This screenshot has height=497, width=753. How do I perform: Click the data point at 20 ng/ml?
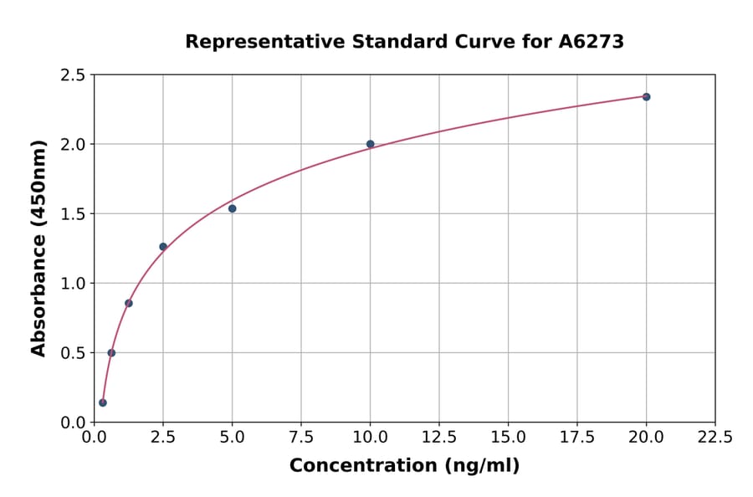646,97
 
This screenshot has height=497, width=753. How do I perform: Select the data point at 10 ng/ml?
371,144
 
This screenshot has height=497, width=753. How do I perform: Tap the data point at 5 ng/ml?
233,208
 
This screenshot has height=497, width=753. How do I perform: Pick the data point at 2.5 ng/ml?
163,247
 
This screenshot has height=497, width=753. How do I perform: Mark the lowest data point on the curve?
103,402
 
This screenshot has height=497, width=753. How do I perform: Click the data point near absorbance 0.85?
129,303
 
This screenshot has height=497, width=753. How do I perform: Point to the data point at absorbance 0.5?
111,353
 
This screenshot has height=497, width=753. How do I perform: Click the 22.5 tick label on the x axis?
715,438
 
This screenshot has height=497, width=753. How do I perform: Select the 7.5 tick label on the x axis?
301,438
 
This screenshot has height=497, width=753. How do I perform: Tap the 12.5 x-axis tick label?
439,438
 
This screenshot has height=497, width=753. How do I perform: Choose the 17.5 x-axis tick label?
577,438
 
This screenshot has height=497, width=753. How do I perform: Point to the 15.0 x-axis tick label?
508,438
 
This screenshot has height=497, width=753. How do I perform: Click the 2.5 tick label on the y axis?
73,75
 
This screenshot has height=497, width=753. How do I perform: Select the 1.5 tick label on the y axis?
73,214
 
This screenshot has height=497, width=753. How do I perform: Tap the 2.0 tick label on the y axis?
73,145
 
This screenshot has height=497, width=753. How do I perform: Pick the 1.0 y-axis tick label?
73,284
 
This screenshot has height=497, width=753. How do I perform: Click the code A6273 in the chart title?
591,42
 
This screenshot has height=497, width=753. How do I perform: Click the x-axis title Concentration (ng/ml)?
404,466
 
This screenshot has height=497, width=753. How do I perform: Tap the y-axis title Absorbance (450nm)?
38,248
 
